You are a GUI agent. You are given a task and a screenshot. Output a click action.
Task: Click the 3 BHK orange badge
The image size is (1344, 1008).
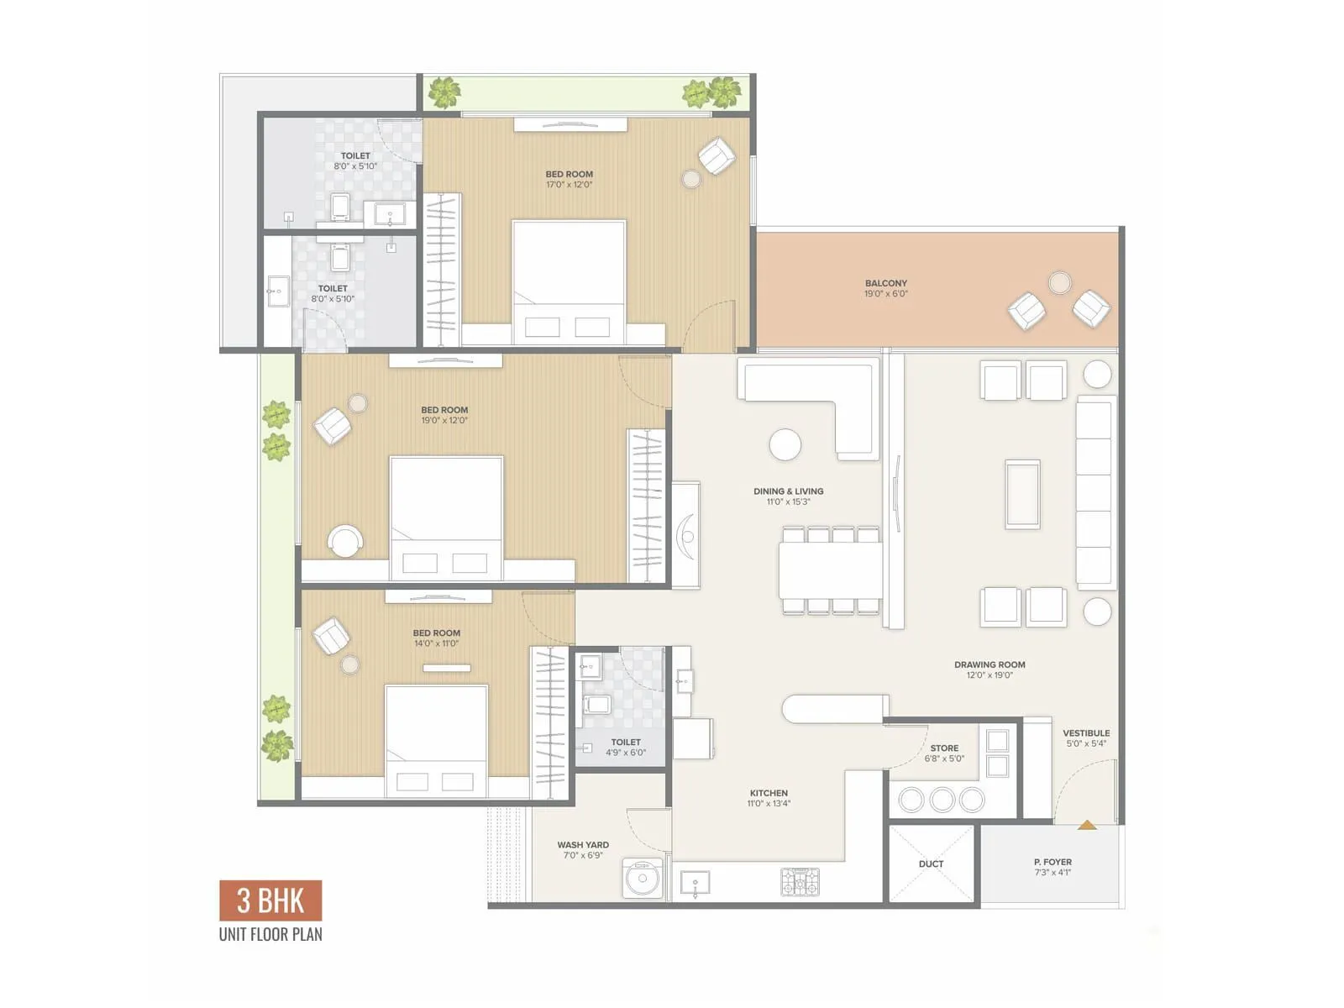click(x=270, y=900)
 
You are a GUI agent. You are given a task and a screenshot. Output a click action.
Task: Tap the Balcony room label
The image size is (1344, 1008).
click(x=886, y=284)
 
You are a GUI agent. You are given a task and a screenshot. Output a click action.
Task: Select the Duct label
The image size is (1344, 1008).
click(x=931, y=864)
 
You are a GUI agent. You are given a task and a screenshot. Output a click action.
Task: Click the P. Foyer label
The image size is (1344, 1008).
click(x=1053, y=862)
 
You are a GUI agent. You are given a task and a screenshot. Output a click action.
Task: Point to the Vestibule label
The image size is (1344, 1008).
click(x=1086, y=733)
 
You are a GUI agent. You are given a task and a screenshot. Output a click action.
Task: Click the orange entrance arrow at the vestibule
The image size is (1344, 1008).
click(x=1087, y=825)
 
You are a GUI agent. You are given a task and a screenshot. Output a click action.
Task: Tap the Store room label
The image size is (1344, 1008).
click(x=944, y=748)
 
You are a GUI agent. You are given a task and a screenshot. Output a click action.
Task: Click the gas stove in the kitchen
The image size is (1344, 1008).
click(x=801, y=882)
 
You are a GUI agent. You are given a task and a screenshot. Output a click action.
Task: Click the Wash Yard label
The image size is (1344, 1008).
click(x=583, y=845)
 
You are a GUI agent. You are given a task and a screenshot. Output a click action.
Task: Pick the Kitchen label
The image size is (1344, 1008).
click(x=769, y=793)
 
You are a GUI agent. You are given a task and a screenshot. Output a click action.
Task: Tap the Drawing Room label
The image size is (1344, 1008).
click(x=990, y=664)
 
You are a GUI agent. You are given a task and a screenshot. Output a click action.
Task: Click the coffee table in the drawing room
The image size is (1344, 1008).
click(x=1022, y=494)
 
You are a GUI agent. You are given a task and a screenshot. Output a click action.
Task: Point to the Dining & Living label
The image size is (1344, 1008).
click(x=788, y=491)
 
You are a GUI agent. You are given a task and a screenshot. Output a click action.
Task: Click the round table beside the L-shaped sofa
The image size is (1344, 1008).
click(x=785, y=444)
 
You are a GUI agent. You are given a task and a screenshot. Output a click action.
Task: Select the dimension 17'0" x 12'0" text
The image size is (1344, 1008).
click(x=570, y=185)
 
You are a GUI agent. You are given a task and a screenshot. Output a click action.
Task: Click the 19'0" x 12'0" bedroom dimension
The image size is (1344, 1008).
click(x=444, y=421)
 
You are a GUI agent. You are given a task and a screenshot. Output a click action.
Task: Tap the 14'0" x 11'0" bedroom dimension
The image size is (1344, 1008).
click(x=436, y=644)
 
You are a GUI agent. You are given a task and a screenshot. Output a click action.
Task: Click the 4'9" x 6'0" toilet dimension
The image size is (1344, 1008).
click(x=626, y=753)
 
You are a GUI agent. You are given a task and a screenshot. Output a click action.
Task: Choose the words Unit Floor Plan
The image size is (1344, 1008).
click(x=270, y=934)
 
